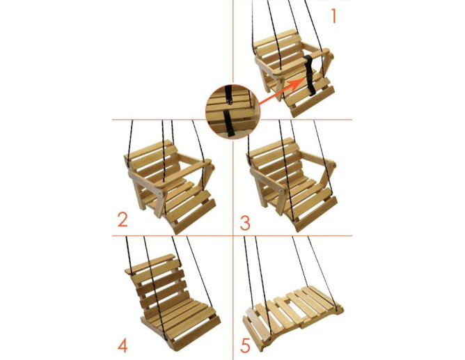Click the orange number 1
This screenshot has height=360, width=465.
(x=333, y=16)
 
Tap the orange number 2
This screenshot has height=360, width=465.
(x=123, y=220)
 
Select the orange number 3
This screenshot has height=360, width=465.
(x=245, y=223)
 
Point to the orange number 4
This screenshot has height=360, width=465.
(x=123, y=345)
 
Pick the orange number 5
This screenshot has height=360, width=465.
(x=245, y=345)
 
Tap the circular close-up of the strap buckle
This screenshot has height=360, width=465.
(x=232, y=112)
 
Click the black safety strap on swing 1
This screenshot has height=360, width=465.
(x=309, y=75)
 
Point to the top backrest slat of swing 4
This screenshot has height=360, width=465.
(x=150, y=264)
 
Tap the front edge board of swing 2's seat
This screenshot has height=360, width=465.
(x=195, y=216)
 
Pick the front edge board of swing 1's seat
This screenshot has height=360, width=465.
(x=313, y=101)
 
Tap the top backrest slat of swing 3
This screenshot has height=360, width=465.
(x=271, y=147)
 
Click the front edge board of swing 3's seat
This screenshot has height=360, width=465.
(x=316, y=214)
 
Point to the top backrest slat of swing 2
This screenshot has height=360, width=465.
(x=149, y=150)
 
